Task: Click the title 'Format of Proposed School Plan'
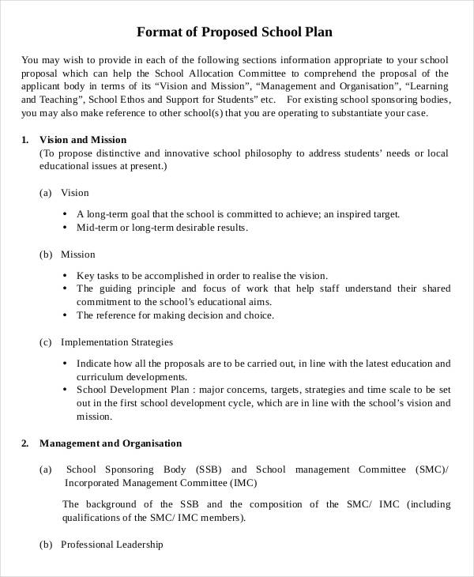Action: coord(235,32)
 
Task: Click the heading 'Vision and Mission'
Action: coord(82,140)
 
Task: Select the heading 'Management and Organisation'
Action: coord(111,443)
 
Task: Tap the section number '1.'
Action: coord(25,140)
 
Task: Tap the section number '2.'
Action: coord(25,443)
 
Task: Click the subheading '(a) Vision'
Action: coord(64,192)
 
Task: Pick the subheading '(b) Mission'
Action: coord(67,255)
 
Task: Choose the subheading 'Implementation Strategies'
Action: coord(116,342)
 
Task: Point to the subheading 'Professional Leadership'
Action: coord(111,545)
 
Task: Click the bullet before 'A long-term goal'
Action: coord(64,214)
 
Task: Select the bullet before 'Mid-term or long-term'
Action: coord(64,228)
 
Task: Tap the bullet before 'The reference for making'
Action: coord(64,315)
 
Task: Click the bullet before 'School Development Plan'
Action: coord(64,390)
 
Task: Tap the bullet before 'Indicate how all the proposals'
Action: coord(64,364)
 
